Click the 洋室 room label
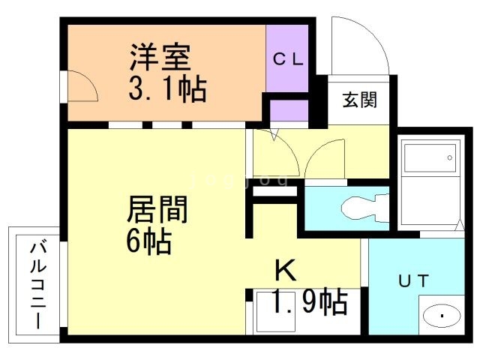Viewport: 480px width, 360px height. point(160,58)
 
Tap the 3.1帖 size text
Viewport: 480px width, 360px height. point(167,88)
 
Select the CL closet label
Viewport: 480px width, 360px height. point(288,58)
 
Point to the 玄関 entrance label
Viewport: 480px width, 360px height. point(359,100)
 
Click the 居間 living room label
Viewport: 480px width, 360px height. point(157,210)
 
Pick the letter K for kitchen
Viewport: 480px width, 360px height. point(286,270)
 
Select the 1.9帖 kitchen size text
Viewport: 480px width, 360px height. point(310,301)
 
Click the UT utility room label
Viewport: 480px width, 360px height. point(413,280)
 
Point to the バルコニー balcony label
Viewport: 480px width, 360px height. point(38,285)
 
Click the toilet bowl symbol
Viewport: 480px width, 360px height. point(365,208)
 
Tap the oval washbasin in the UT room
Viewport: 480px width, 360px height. point(442,315)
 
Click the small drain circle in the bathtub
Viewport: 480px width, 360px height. point(450,158)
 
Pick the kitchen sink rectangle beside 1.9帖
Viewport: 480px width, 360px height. point(276,312)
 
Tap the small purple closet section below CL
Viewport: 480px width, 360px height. point(289,110)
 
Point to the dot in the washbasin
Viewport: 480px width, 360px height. point(442,316)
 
